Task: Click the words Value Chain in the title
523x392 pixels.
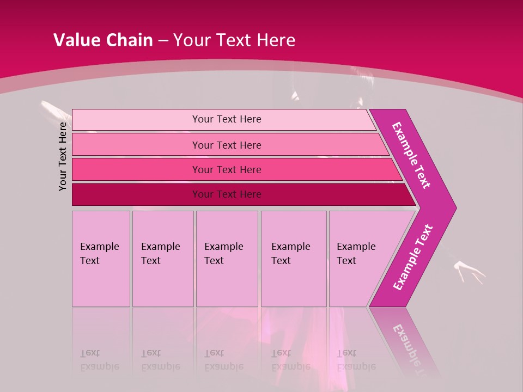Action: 103,40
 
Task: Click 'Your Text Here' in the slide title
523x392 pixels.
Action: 234,40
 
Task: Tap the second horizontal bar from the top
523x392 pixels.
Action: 226,145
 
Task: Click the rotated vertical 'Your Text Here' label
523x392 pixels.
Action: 63,156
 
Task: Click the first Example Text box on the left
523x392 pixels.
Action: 101,258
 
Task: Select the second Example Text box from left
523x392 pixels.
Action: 162,258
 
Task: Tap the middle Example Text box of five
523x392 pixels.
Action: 227,258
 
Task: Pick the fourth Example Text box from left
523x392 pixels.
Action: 294,258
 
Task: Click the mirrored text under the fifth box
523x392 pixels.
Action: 356,359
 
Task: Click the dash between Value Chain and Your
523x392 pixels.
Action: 163,40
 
